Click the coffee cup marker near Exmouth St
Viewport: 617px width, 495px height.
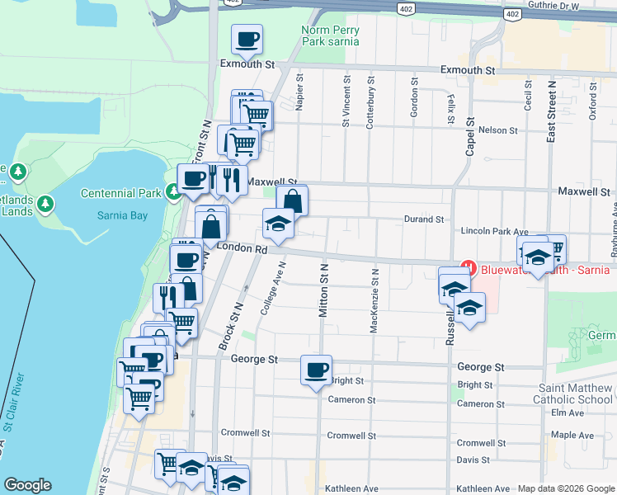pos(247,39)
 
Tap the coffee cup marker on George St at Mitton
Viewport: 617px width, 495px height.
pos(316,370)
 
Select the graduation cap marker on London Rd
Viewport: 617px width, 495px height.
pos(278,223)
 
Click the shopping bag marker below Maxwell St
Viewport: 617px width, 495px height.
pos(292,200)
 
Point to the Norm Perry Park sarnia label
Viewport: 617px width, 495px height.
pos(329,35)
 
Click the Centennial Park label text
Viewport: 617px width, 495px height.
pos(120,193)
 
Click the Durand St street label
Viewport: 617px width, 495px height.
pos(424,219)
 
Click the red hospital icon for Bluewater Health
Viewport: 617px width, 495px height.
pos(469,268)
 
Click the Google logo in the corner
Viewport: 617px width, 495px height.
pos(28,485)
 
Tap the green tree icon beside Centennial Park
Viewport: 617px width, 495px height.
pos(172,193)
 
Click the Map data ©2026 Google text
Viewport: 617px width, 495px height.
pos(566,488)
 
